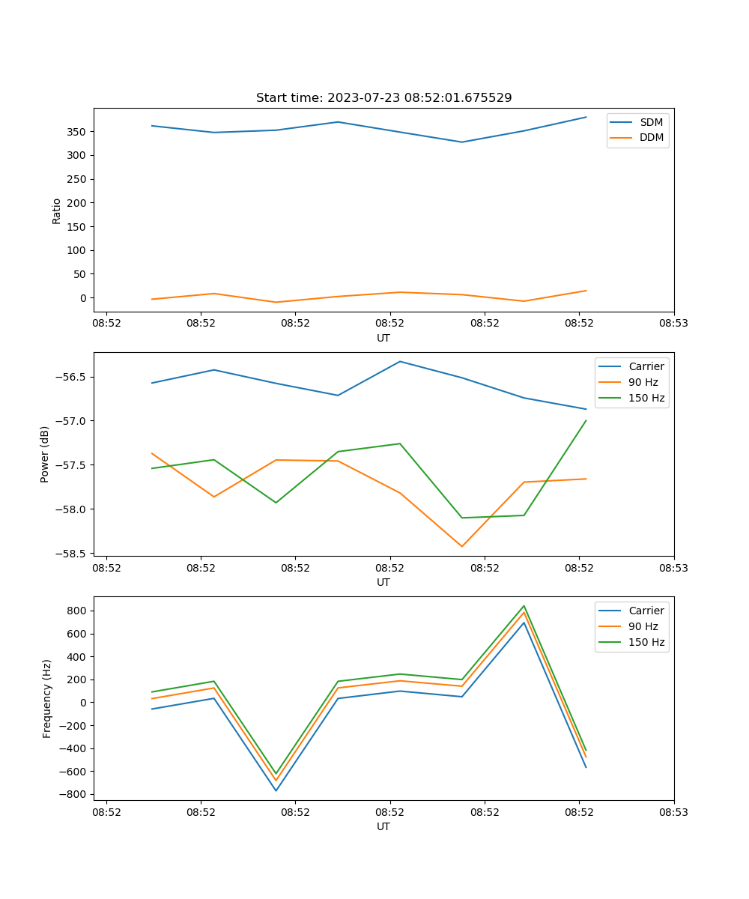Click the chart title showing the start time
[x=383, y=98]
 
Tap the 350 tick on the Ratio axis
[x=78, y=132]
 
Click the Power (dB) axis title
[x=45, y=454]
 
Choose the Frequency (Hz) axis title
[x=47, y=698]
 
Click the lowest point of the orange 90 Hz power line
[x=461, y=546]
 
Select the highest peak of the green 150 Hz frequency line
[x=524, y=606]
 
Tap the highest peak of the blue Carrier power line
[x=400, y=362]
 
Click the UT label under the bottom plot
[x=383, y=826]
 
